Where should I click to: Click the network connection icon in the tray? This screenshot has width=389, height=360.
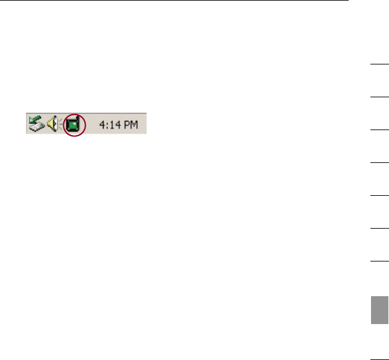(35, 124)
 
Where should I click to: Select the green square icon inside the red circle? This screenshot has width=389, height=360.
(74, 124)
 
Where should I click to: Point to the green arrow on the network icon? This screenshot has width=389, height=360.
(32, 120)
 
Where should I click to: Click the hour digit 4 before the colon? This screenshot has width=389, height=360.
(102, 125)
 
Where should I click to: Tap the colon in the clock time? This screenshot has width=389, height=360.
(107, 125)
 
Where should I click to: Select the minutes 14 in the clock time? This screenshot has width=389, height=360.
(113, 125)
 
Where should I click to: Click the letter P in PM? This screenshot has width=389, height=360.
(126, 125)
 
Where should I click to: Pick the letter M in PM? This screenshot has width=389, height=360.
(133, 125)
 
